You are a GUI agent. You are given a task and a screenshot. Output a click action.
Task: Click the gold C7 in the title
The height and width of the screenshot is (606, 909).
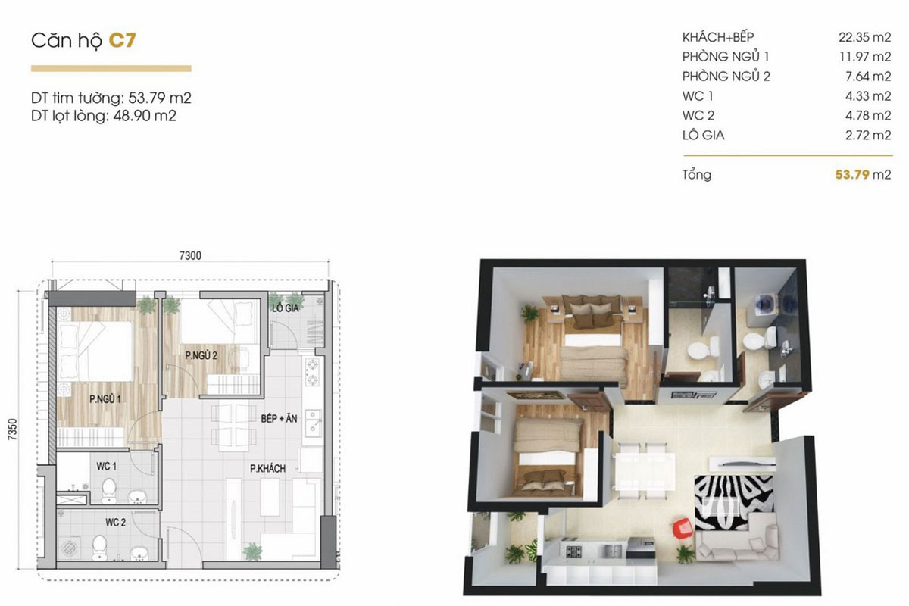click(122, 40)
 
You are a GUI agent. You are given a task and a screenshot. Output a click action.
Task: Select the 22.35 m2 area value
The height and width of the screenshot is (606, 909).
click(865, 37)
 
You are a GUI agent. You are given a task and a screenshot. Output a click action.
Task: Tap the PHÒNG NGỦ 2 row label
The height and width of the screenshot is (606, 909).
click(726, 77)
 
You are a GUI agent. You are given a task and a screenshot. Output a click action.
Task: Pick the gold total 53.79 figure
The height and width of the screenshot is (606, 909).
click(851, 174)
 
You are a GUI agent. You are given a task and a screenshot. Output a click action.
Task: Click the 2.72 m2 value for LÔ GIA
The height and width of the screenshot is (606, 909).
click(868, 135)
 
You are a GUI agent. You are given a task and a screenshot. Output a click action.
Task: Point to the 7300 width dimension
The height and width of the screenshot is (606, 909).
click(190, 255)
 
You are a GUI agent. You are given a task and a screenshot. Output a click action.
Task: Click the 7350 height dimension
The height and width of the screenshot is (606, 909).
click(13, 429)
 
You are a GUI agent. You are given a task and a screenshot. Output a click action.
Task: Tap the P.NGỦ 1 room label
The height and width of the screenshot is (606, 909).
click(105, 399)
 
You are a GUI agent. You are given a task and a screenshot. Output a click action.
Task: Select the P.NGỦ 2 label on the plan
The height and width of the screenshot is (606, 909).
click(201, 355)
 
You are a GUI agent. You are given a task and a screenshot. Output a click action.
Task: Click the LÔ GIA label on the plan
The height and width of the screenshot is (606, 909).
click(286, 308)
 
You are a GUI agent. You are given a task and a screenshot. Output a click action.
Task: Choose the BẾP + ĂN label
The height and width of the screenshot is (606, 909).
click(279, 418)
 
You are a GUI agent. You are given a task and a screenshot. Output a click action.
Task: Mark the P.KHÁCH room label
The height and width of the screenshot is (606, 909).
click(267, 469)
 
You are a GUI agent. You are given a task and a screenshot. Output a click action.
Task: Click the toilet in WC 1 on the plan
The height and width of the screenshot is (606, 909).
click(109, 491)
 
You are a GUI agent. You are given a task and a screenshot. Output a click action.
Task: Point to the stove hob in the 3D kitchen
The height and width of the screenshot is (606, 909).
click(574, 551)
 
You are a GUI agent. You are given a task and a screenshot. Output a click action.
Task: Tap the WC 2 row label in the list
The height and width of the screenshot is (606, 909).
click(698, 116)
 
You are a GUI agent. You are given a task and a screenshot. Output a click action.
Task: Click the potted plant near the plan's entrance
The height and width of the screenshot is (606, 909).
click(253, 552)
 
